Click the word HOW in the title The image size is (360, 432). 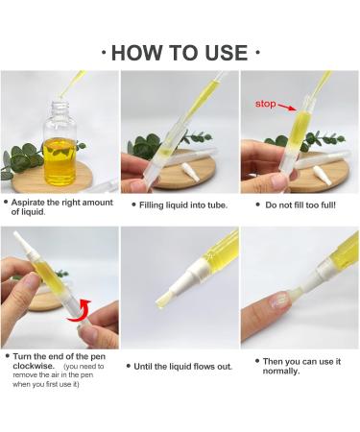pyautogui.click(x=137, y=53)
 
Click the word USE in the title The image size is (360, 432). pyautogui.click(x=227, y=53)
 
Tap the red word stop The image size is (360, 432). pyautogui.click(x=265, y=104)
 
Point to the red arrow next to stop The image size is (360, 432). pyautogui.click(x=287, y=107)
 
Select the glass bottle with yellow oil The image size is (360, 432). pyautogui.click(x=60, y=144)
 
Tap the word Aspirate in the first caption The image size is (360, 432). pyautogui.click(x=28, y=203)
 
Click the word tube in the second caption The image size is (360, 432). pyautogui.click(x=218, y=205)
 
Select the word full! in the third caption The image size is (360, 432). pyautogui.click(x=327, y=205)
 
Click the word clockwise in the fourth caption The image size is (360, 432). pyautogui.click(x=34, y=366)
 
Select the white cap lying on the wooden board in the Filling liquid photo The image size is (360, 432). pyautogui.click(x=187, y=169)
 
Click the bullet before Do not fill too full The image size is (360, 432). pyautogui.click(x=258, y=204)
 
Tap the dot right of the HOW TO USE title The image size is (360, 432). pyautogui.click(x=258, y=52)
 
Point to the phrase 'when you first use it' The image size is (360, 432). pyautogui.click(x=46, y=384)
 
